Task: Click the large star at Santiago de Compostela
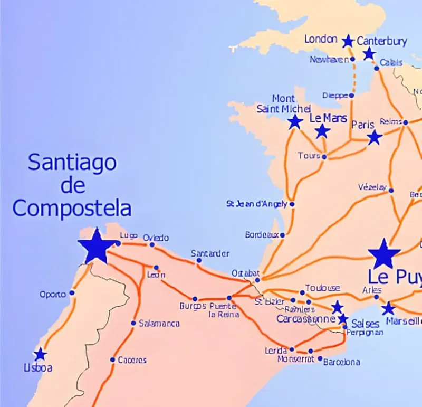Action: tap(97, 246)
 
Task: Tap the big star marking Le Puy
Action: tap(385, 254)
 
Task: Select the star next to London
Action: tap(348, 41)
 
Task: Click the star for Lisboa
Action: tap(40, 355)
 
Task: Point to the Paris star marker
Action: tap(375, 138)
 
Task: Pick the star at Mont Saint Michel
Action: tap(295, 122)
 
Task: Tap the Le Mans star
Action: tap(322, 131)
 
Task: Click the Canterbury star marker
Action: tap(369, 53)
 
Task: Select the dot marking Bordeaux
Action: tap(282, 235)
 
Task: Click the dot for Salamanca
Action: tap(133, 323)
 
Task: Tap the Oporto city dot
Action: tap(72, 293)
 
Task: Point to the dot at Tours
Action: tap(324, 157)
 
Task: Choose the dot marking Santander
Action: tap(199, 260)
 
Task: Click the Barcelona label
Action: tap(341, 362)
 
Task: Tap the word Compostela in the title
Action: tap(72, 209)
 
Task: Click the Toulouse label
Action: tap(322, 288)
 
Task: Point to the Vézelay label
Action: tap(372, 187)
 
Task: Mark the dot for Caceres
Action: tap(112, 360)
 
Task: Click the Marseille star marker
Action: tap(388, 308)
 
